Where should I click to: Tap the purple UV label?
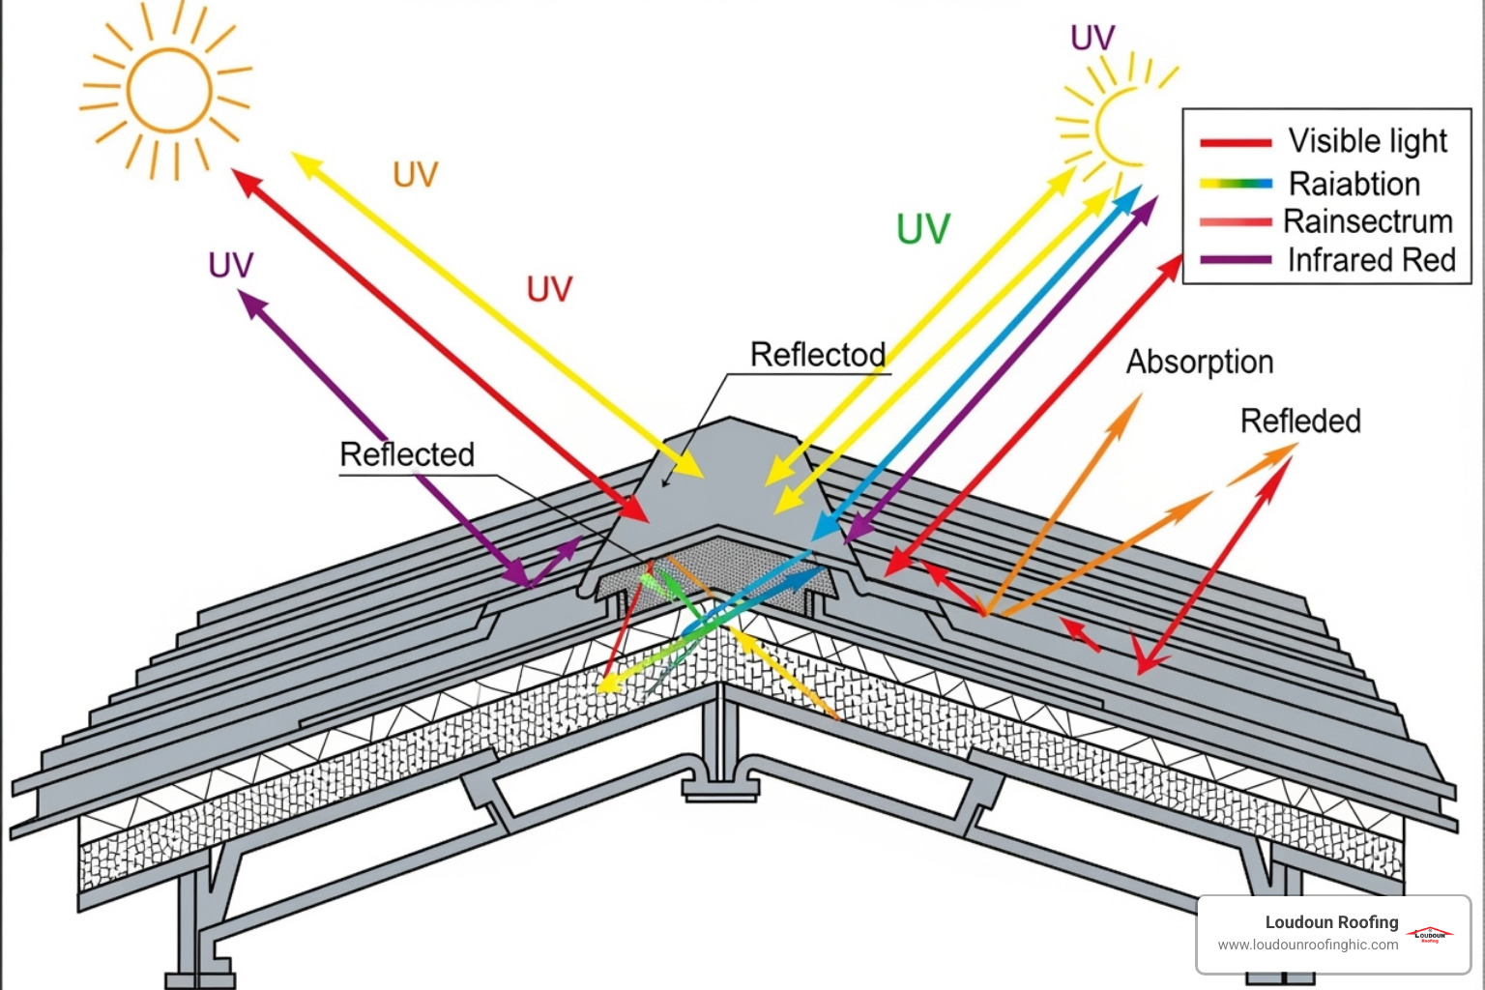tap(230, 265)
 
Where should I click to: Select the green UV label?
tap(923, 229)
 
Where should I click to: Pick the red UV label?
tap(549, 288)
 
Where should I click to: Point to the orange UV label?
tap(416, 174)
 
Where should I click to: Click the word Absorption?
tap(1199, 362)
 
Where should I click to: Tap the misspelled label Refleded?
tap(1300, 421)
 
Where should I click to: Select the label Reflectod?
tap(818, 355)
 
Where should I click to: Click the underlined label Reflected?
tap(407, 454)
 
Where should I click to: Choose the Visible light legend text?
tap(1367, 141)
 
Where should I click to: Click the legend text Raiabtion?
tap(1354, 184)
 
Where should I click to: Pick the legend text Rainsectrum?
tap(1367, 221)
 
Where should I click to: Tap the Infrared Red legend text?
tap(1371, 260)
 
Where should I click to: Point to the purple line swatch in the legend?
tap(1235, 260)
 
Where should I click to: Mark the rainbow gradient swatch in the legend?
tap(1235, 183)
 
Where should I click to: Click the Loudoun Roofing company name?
tap(1331, 922)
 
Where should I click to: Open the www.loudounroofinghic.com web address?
tap(1307, 945)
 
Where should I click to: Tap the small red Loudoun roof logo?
tap(1430, 934)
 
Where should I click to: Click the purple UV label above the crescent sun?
tap(1092, 38)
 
